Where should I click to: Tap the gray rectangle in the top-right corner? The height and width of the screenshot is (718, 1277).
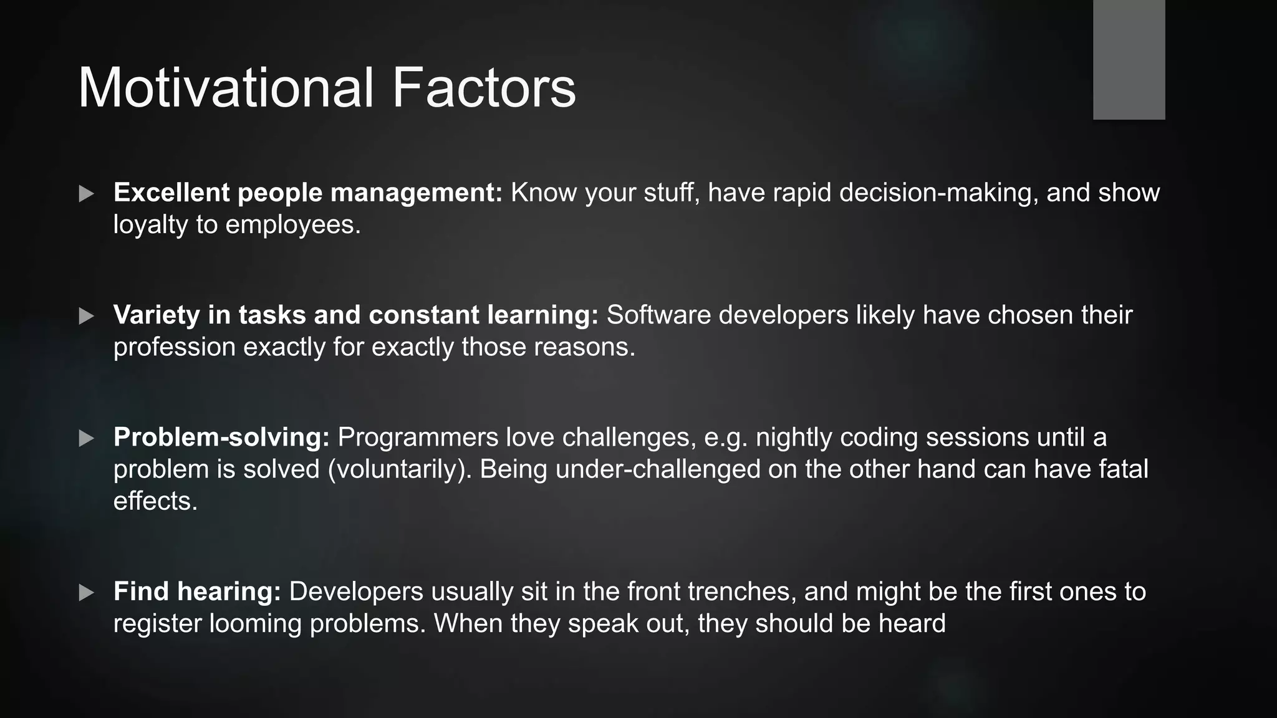(x=1129, y=59)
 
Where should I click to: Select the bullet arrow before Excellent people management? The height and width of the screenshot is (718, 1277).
(x=87, y=194)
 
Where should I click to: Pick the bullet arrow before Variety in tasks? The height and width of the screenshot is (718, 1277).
(x=87, y=316)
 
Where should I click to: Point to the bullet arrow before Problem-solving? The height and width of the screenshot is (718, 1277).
(x=87, y=438)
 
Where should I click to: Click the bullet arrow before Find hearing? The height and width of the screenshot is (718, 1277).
(x=87, y=593)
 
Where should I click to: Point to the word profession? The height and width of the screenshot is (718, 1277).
(x=174, y=347)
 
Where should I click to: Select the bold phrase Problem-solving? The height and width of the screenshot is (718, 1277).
(x=221, y=438)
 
